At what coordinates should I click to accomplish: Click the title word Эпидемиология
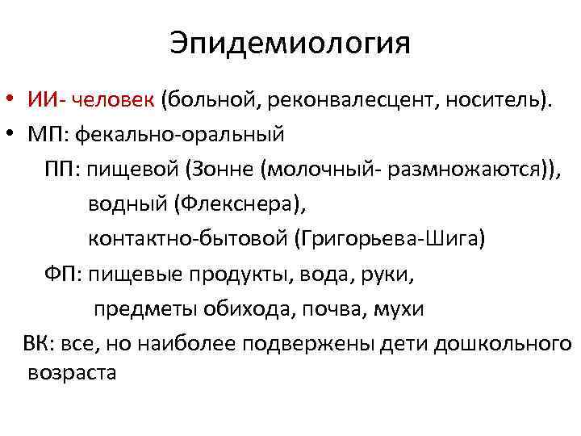point(290,44)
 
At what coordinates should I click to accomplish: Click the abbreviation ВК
point(39,343)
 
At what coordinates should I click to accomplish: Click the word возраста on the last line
point(72,373)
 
